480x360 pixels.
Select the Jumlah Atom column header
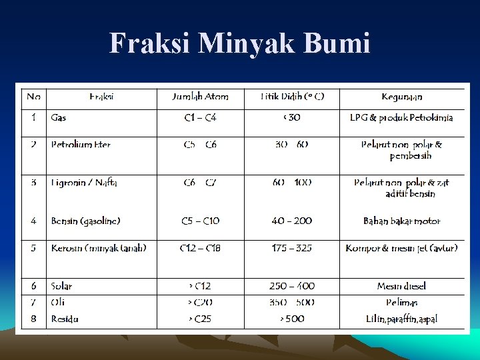(200, 97)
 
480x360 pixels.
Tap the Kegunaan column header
(401, 97)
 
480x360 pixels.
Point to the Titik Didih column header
(292, 97)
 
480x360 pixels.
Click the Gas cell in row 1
(59, 118)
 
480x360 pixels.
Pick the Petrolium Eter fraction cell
(81, 145)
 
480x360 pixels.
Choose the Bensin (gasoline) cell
(85, 221)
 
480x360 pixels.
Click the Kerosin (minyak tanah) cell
(99, 248)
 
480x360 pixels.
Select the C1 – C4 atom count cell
(200, 118)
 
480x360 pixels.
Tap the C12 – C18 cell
(200, 248)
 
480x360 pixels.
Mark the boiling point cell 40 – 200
(292, 221)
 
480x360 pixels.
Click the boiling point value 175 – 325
(292, 248)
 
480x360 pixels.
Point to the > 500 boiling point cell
(292, 319)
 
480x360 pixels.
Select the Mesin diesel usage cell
(401, 286)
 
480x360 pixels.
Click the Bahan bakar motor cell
(401, 221)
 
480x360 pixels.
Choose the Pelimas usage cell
(401, 303)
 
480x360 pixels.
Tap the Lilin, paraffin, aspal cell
(401, 319)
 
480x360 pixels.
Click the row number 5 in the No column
(33, 248)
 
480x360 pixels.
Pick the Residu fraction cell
(65, 319)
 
